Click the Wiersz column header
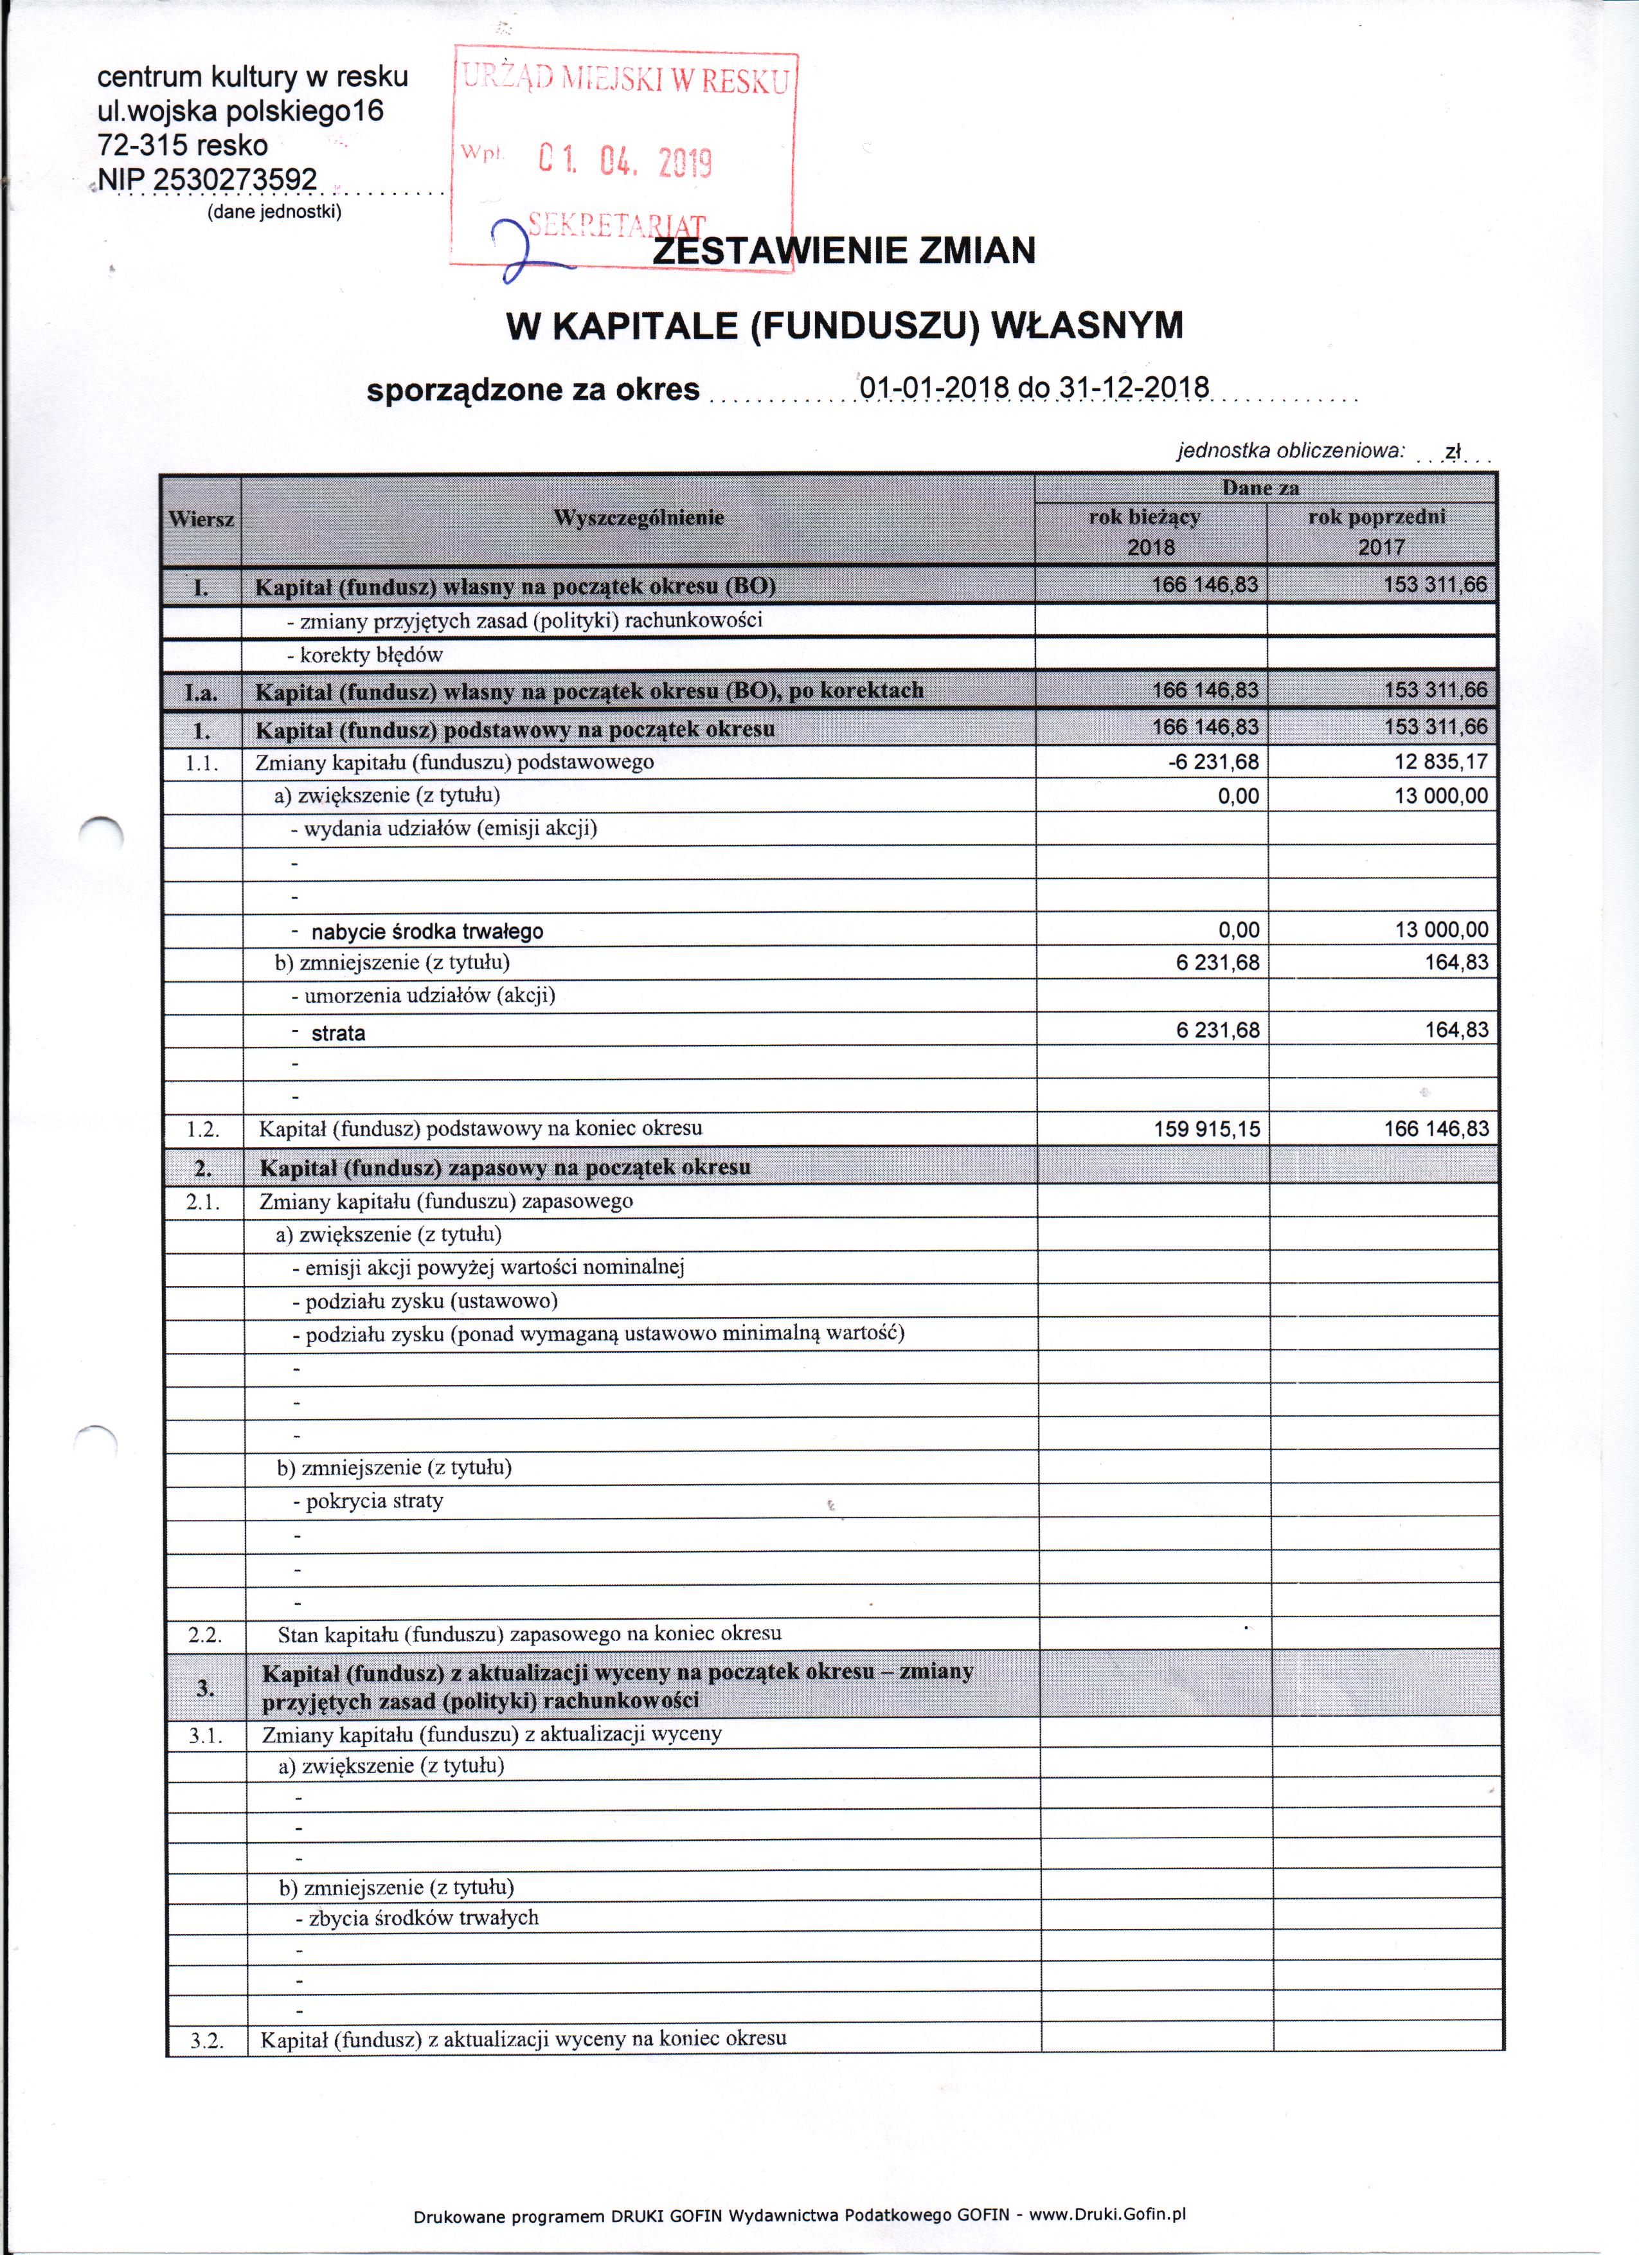tap(202, 519)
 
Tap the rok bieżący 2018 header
tap(1150, 532)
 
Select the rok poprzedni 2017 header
tap(1381, 532)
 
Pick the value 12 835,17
tap(1441, 763)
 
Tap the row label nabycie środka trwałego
tap(427, 932)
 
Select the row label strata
tap(338, 1033)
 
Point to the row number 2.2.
tap(205, 1635)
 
